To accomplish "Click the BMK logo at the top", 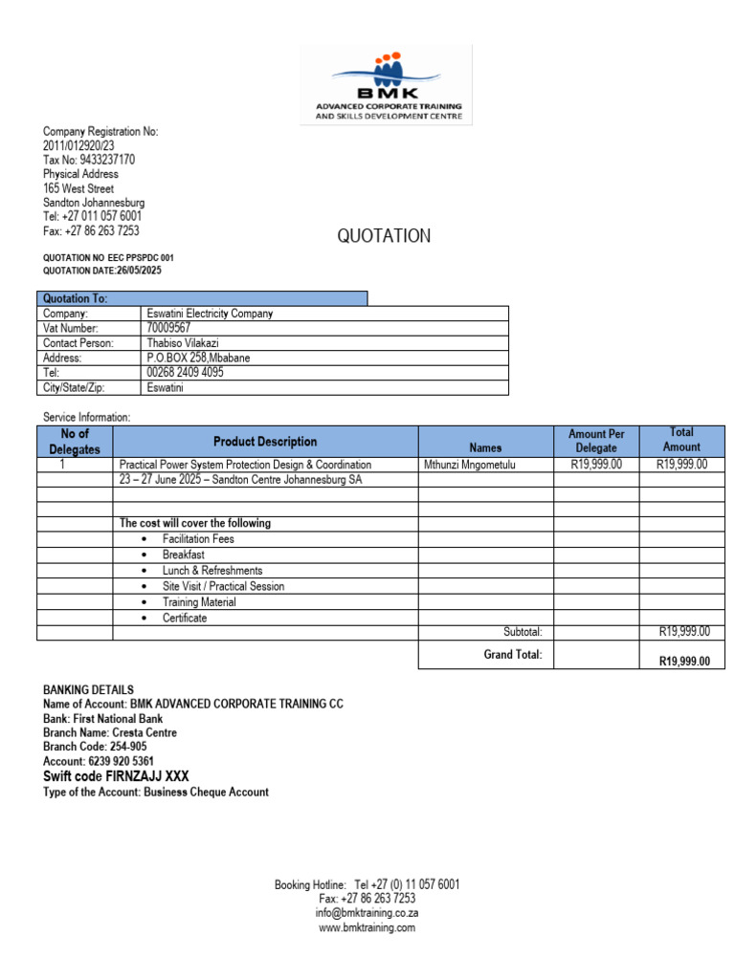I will coord(388,85).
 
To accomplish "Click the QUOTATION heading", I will coord(384,236).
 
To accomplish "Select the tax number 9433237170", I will coord(107,160).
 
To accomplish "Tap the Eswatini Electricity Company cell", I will coord(210,314).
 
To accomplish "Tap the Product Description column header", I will coord(265,442).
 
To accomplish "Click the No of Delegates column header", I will coord(75,442).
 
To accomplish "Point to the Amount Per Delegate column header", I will coord(596,441).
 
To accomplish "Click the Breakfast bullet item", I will coord(183,555).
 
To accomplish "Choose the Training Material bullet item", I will coord(199,602).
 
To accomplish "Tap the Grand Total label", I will coord(513,655).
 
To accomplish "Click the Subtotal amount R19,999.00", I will coord(682,632).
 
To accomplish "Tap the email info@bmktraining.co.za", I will coord(367,913).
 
